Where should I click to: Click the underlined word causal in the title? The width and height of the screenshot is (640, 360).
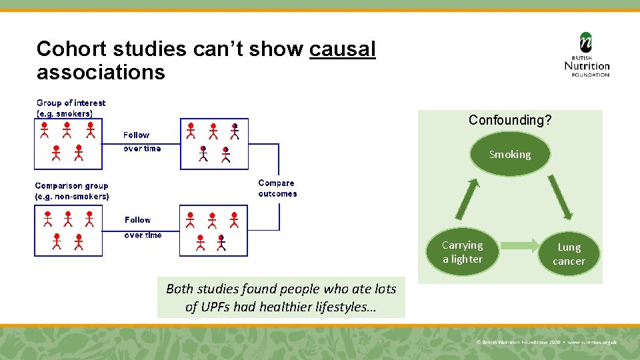(343, 49)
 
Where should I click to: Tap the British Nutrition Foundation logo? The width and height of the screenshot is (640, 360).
(587, 55)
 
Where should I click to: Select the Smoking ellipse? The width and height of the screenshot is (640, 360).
(510, 155)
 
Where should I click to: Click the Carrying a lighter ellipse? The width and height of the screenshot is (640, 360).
(462, 252)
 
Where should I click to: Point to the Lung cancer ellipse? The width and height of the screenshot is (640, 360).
(569, 254)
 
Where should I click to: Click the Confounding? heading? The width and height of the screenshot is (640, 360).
(510, 120)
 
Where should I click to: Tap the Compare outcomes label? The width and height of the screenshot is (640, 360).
(277, 188)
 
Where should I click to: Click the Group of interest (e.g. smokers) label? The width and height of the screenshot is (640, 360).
(71, 108)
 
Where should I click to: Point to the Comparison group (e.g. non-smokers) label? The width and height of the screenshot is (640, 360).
(71, 191)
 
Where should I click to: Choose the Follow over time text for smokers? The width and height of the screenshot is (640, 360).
(141, 141)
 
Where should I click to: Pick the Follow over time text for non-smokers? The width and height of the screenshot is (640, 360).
(143, 227)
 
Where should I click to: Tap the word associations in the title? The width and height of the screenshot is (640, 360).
(101, 71)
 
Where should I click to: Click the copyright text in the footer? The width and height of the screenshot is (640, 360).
(547, 342)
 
